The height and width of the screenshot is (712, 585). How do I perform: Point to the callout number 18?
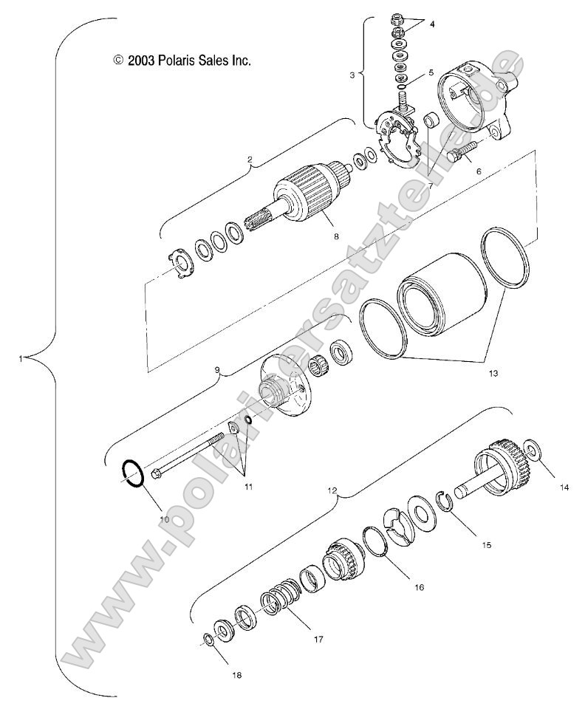[x=236, y=674]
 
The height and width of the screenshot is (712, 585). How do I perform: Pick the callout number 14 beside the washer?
[x=565, y=487]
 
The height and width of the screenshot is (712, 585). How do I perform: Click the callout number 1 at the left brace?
[x=23, y=359]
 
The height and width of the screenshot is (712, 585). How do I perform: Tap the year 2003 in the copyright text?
[x=140, y=61]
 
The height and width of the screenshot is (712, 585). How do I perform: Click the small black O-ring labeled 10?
[x=133, y=473]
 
